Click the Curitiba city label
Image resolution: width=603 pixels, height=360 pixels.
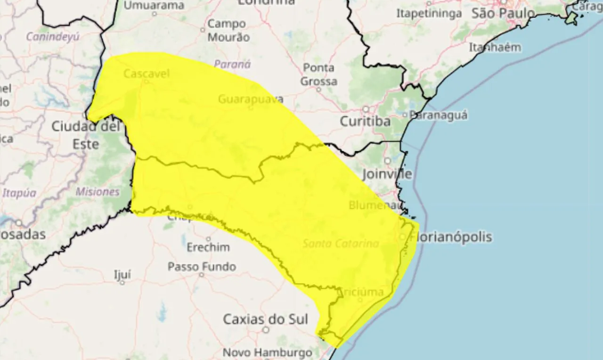pyautogui.click(x=365, y=122)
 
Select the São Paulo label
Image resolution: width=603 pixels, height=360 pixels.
pyautogui.click(x=503, y=13)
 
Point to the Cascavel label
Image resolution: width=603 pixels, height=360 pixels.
pyautogui.click(x=146, y=74)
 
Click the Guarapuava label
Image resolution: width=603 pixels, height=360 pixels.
pyautogui.click(x=251, y=99)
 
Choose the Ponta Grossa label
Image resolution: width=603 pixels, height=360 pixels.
pyautogui.click(x=319, y=74)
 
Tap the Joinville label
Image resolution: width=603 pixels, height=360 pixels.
pyautogui.click(x=387, y=174)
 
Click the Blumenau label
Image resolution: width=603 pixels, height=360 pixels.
pyautogui.click(x=375, y=205)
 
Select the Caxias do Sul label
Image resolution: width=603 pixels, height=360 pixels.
pyautogui.click(x=265, y=319)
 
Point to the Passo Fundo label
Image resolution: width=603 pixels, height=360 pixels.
pyautogui.click(x=202, y=267)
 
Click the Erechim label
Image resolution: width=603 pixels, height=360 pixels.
pyautogui.click(x=208, y=247)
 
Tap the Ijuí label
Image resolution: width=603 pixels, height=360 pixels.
pyautogui.click(x=122, y=275)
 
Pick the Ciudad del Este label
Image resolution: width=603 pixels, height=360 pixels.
pyautogui.click(x=86, y=135)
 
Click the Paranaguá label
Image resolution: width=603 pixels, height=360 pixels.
pyautogui.click(x=438, y=115)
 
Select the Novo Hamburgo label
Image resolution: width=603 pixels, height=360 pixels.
pyautogui.click(x=267, y=352)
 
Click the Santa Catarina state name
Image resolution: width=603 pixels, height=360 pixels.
pyautogui.click(x=341, y=244)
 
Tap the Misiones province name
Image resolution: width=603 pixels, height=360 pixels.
pyautogui.click(x=98, y=192)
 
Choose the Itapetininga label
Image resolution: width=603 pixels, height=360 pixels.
pyautogui.click(x=429, y=14)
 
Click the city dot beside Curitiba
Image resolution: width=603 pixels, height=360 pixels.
pyautogui.click(x=366, y=109)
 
